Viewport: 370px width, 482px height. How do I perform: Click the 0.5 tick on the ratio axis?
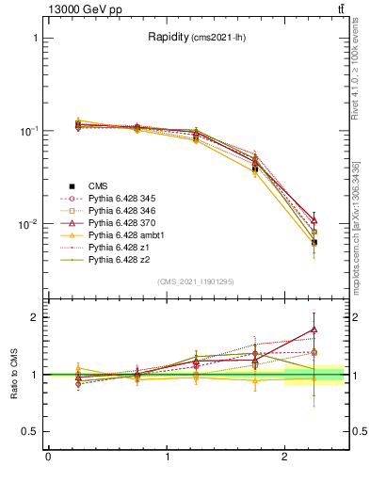coord(31,432)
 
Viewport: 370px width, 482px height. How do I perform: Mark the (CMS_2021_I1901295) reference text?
coord(196,281)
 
